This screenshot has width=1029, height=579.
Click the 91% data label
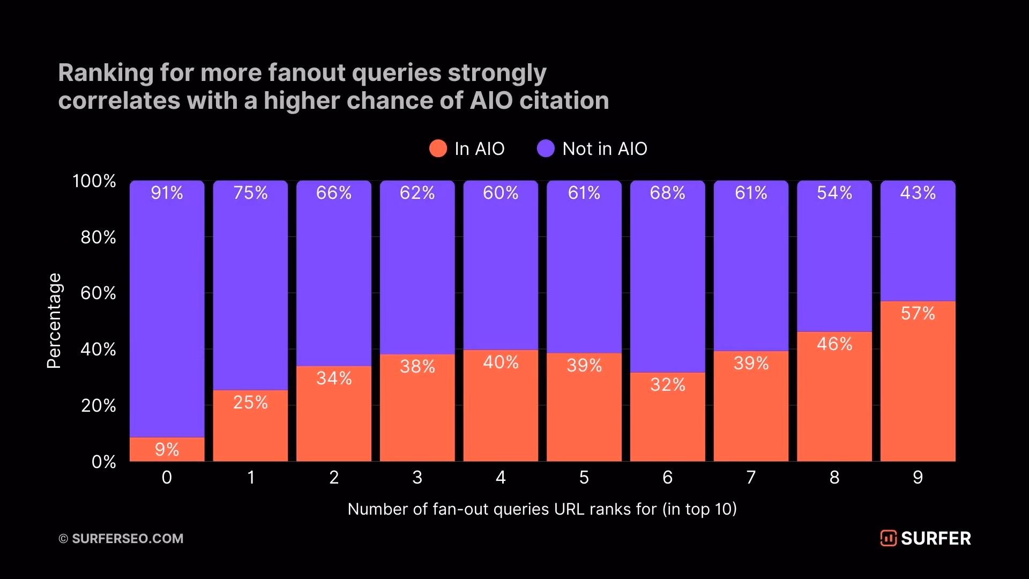click(167, 192)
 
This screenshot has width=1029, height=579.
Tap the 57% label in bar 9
click(918, 313)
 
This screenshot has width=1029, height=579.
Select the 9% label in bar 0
click(167, 449)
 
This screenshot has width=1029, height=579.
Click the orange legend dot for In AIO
click(438, 149)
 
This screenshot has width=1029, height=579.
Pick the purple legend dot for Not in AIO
click(546, 149)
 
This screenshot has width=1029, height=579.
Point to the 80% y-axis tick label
click(98, 237)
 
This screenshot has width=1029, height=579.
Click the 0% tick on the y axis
click(103, 462)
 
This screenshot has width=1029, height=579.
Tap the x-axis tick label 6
click(667, 477)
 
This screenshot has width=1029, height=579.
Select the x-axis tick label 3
click(417, 477)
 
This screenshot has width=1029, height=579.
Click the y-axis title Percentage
click(54, 321)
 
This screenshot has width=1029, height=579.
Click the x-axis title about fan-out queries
click(542, 509)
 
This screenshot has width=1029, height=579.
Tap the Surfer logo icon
click(888, 538)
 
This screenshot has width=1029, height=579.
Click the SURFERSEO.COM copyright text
click(121, 538)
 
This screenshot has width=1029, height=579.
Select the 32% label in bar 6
click(667, 384)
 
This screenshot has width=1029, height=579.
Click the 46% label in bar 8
click(834, 344)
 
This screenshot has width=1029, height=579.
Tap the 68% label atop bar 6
click(667, 192)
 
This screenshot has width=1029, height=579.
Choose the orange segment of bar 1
click(250, 426)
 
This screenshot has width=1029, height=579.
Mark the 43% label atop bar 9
click(918, 192)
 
